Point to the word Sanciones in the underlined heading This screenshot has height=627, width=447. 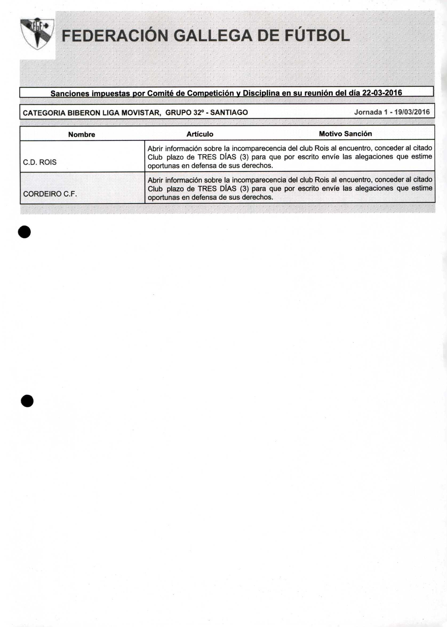click(70, 94)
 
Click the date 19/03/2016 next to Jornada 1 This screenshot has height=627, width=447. click(412, 112)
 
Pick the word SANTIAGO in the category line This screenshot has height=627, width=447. click(229, 113)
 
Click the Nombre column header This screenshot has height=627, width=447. click(82, 135)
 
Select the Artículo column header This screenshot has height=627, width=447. click(200, 134)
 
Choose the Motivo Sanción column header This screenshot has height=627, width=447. click(345, 134)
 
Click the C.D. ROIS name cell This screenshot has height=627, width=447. click(40, 162)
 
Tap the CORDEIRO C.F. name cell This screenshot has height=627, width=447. click(50, 194)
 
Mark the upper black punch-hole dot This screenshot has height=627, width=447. click(25, 232)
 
